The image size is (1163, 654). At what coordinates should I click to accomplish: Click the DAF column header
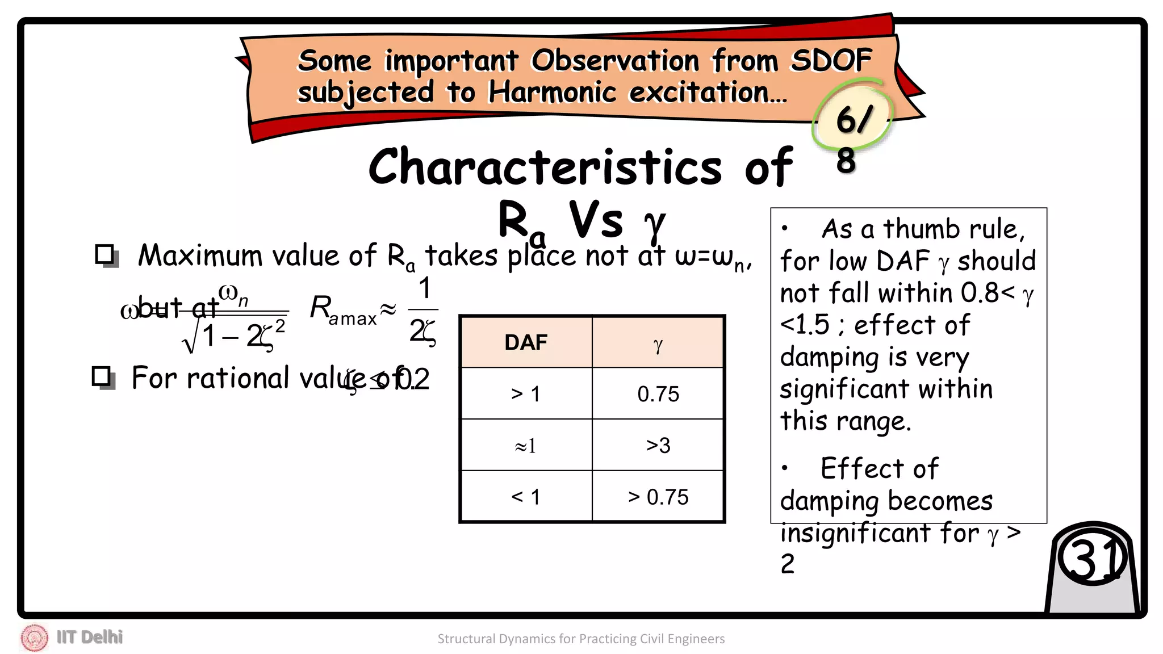tap(526, 342)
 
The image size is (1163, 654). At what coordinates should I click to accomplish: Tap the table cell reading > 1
tap(526, 393)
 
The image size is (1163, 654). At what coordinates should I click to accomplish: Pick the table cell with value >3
tap(658, 445)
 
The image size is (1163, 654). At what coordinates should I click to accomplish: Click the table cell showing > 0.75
tap(658, 497)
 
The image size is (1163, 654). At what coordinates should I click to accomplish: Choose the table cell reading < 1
tap(526, 497)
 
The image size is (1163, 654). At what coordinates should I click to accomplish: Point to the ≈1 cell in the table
tap(526, 446)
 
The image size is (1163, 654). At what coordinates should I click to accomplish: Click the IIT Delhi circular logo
tap(34, 638)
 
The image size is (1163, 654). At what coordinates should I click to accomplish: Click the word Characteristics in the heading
tap(545, 167)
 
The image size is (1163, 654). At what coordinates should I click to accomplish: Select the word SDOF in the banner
tap(831, 60)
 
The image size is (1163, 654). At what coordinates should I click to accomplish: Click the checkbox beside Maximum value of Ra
tap(106, 255)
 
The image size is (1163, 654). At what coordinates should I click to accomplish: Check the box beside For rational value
tap(103, 377)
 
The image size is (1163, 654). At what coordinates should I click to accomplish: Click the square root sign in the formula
tap(190, 339)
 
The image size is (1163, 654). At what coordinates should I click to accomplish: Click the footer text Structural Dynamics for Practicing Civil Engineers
tap(581, 639)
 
